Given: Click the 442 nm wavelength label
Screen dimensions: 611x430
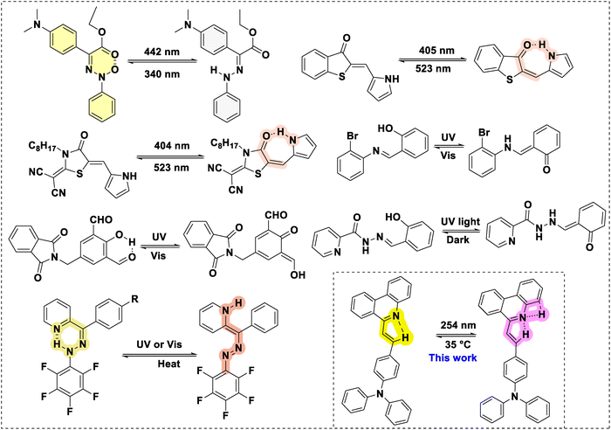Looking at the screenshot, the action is [x=161, y=52].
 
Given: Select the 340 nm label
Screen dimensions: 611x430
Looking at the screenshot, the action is [x=161, y=73].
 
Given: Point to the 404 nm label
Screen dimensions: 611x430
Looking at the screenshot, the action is [x=172, y=146].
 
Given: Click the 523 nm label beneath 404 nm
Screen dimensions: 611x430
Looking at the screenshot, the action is [x=172, y=168].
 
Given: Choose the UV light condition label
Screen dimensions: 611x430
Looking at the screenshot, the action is [x=460, y=222].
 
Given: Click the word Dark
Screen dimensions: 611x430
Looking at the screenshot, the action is [x=458, y=239].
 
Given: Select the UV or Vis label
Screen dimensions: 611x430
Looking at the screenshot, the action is [x=159, y=344].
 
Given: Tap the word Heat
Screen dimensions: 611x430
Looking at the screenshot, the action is [x=168, y=364].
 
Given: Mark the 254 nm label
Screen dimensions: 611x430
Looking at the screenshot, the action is [x=458, y=325].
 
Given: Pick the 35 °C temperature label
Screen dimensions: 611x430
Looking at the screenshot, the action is [x=457, y=345].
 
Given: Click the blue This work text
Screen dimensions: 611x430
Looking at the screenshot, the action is [x=453, y=357].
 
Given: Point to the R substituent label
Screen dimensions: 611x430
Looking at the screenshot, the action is [x=134, y=300].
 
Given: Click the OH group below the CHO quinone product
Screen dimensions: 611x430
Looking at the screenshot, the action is [x=298, y=274].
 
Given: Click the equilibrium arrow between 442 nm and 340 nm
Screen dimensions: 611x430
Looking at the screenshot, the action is [x=161, y=62].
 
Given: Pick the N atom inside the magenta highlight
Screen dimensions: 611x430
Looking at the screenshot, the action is [x=522, y=318].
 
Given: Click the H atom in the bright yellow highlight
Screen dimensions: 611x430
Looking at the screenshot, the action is [x=405, y=338].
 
